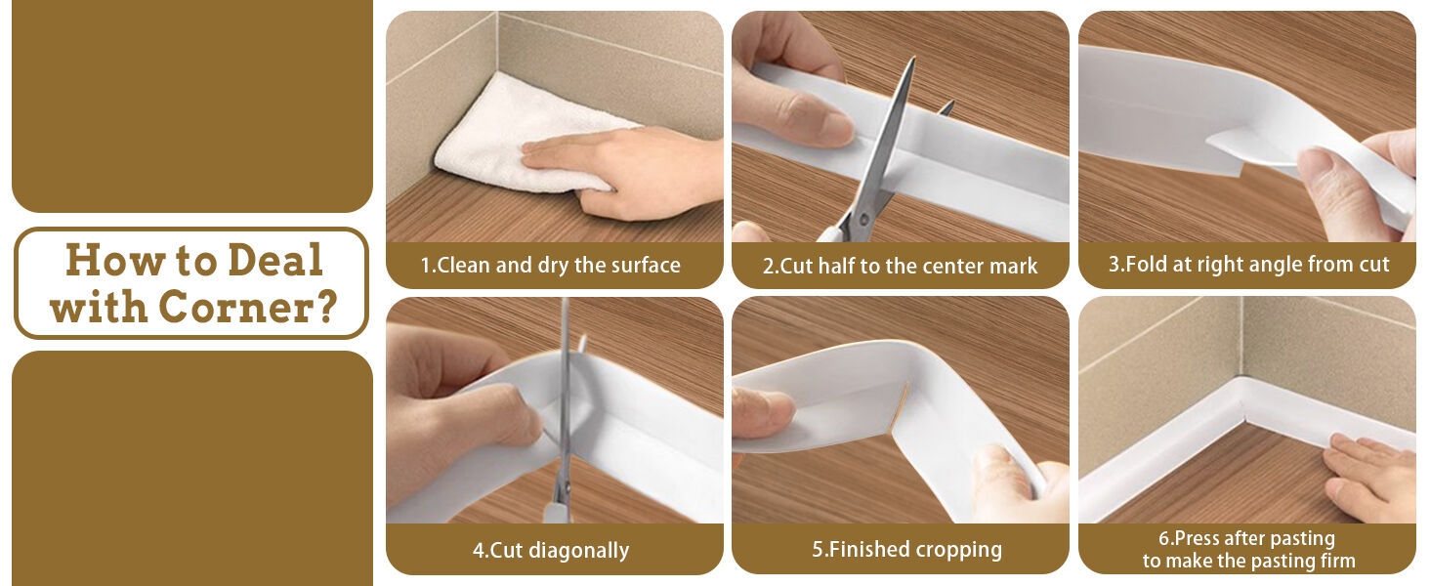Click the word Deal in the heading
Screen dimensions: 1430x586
275,261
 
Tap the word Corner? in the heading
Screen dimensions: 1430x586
248,307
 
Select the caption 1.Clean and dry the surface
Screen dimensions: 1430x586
550,265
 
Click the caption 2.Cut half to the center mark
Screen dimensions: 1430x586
900,266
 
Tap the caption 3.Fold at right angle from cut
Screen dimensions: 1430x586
1248,265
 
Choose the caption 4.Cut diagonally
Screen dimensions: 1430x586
550,550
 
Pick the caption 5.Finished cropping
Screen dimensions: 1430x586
906,549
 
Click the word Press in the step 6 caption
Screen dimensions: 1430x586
1200,538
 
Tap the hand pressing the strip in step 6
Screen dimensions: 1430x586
1372,476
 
